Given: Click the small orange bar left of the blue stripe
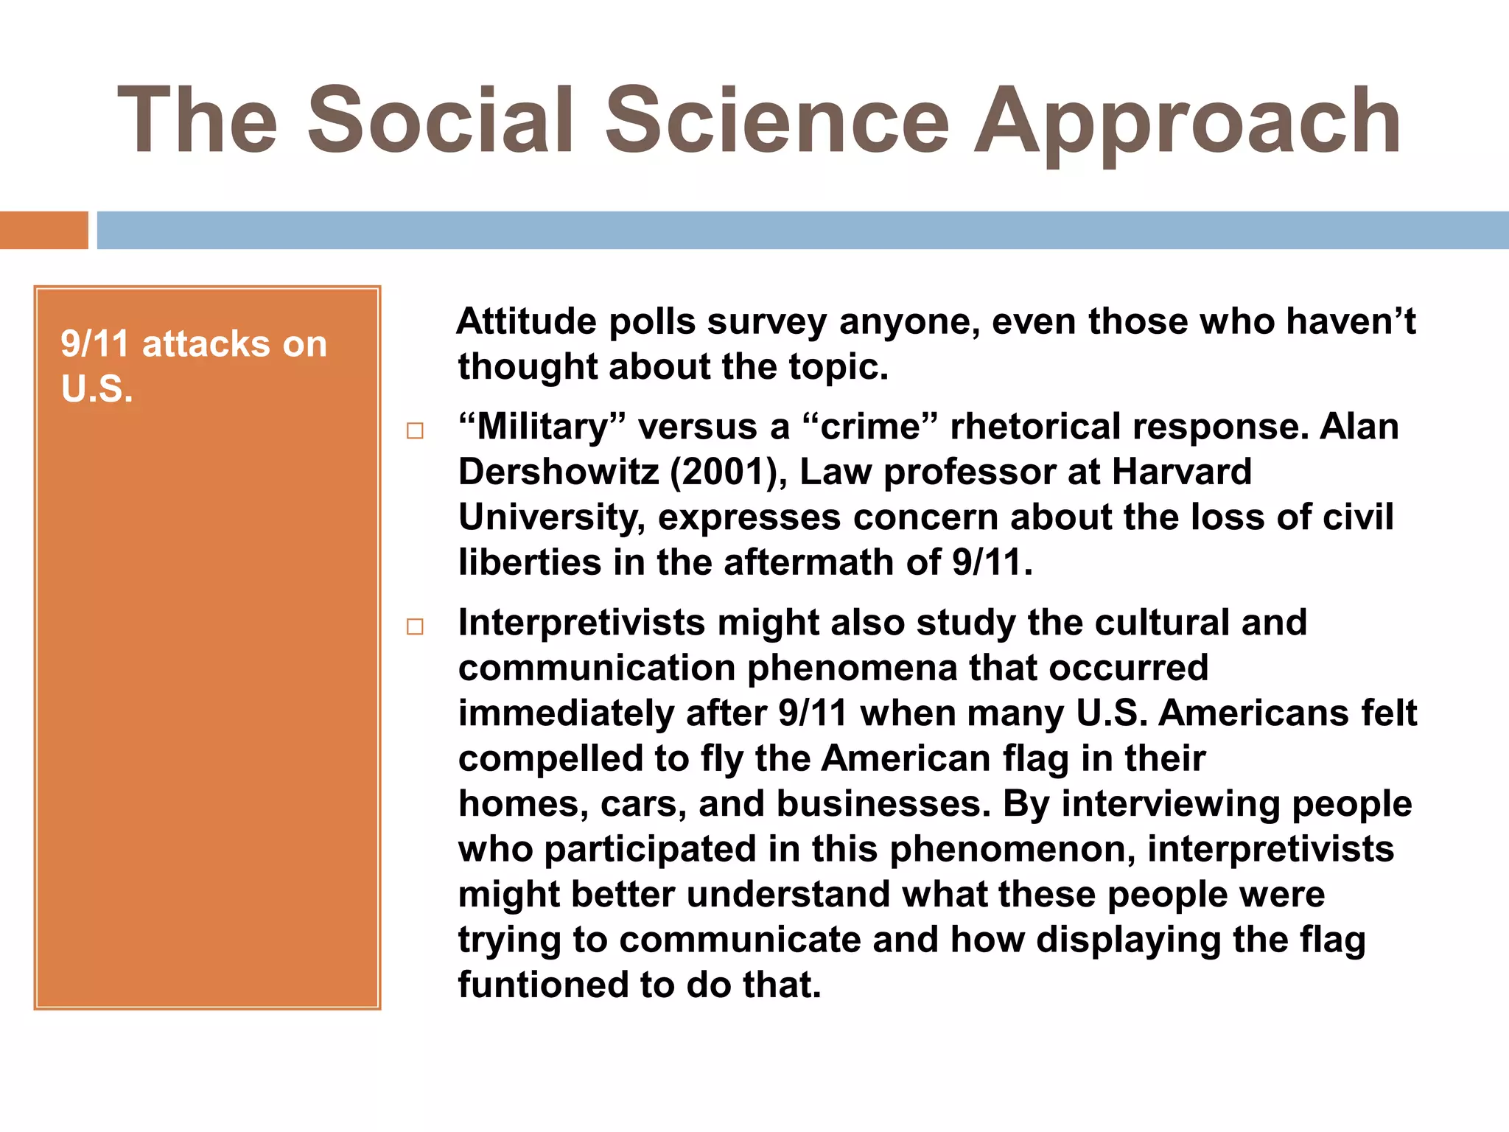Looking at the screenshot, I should [43, 230].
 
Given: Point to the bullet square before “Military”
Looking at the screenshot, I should [415, 430].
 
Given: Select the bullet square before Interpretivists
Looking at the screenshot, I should [415, 626].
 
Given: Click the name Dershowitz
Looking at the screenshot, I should [558, 472].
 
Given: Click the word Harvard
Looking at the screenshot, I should [1181, 472].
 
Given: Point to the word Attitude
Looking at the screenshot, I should [526, 322].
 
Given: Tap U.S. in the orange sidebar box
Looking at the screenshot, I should [97, 389].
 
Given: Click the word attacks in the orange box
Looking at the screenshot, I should [206, 344].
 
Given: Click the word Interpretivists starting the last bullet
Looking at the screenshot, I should [581, 623].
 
